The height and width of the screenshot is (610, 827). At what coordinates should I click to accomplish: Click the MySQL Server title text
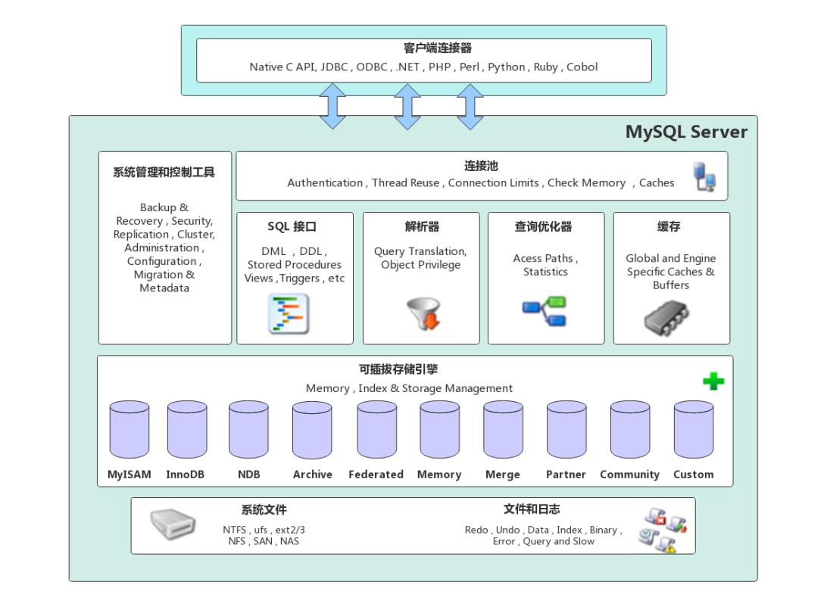686,132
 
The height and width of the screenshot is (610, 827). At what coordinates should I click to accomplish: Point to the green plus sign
713,381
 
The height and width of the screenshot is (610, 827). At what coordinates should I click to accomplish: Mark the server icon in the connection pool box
705,176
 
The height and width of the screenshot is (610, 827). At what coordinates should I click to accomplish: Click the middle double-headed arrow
407,106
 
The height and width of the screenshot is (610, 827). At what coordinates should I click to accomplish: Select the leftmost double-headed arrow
332,106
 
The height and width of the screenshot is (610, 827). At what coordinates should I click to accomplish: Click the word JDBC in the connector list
334,67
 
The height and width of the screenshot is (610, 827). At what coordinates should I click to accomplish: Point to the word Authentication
325,182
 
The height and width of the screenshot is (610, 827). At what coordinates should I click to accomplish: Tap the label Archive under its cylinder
313,475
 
